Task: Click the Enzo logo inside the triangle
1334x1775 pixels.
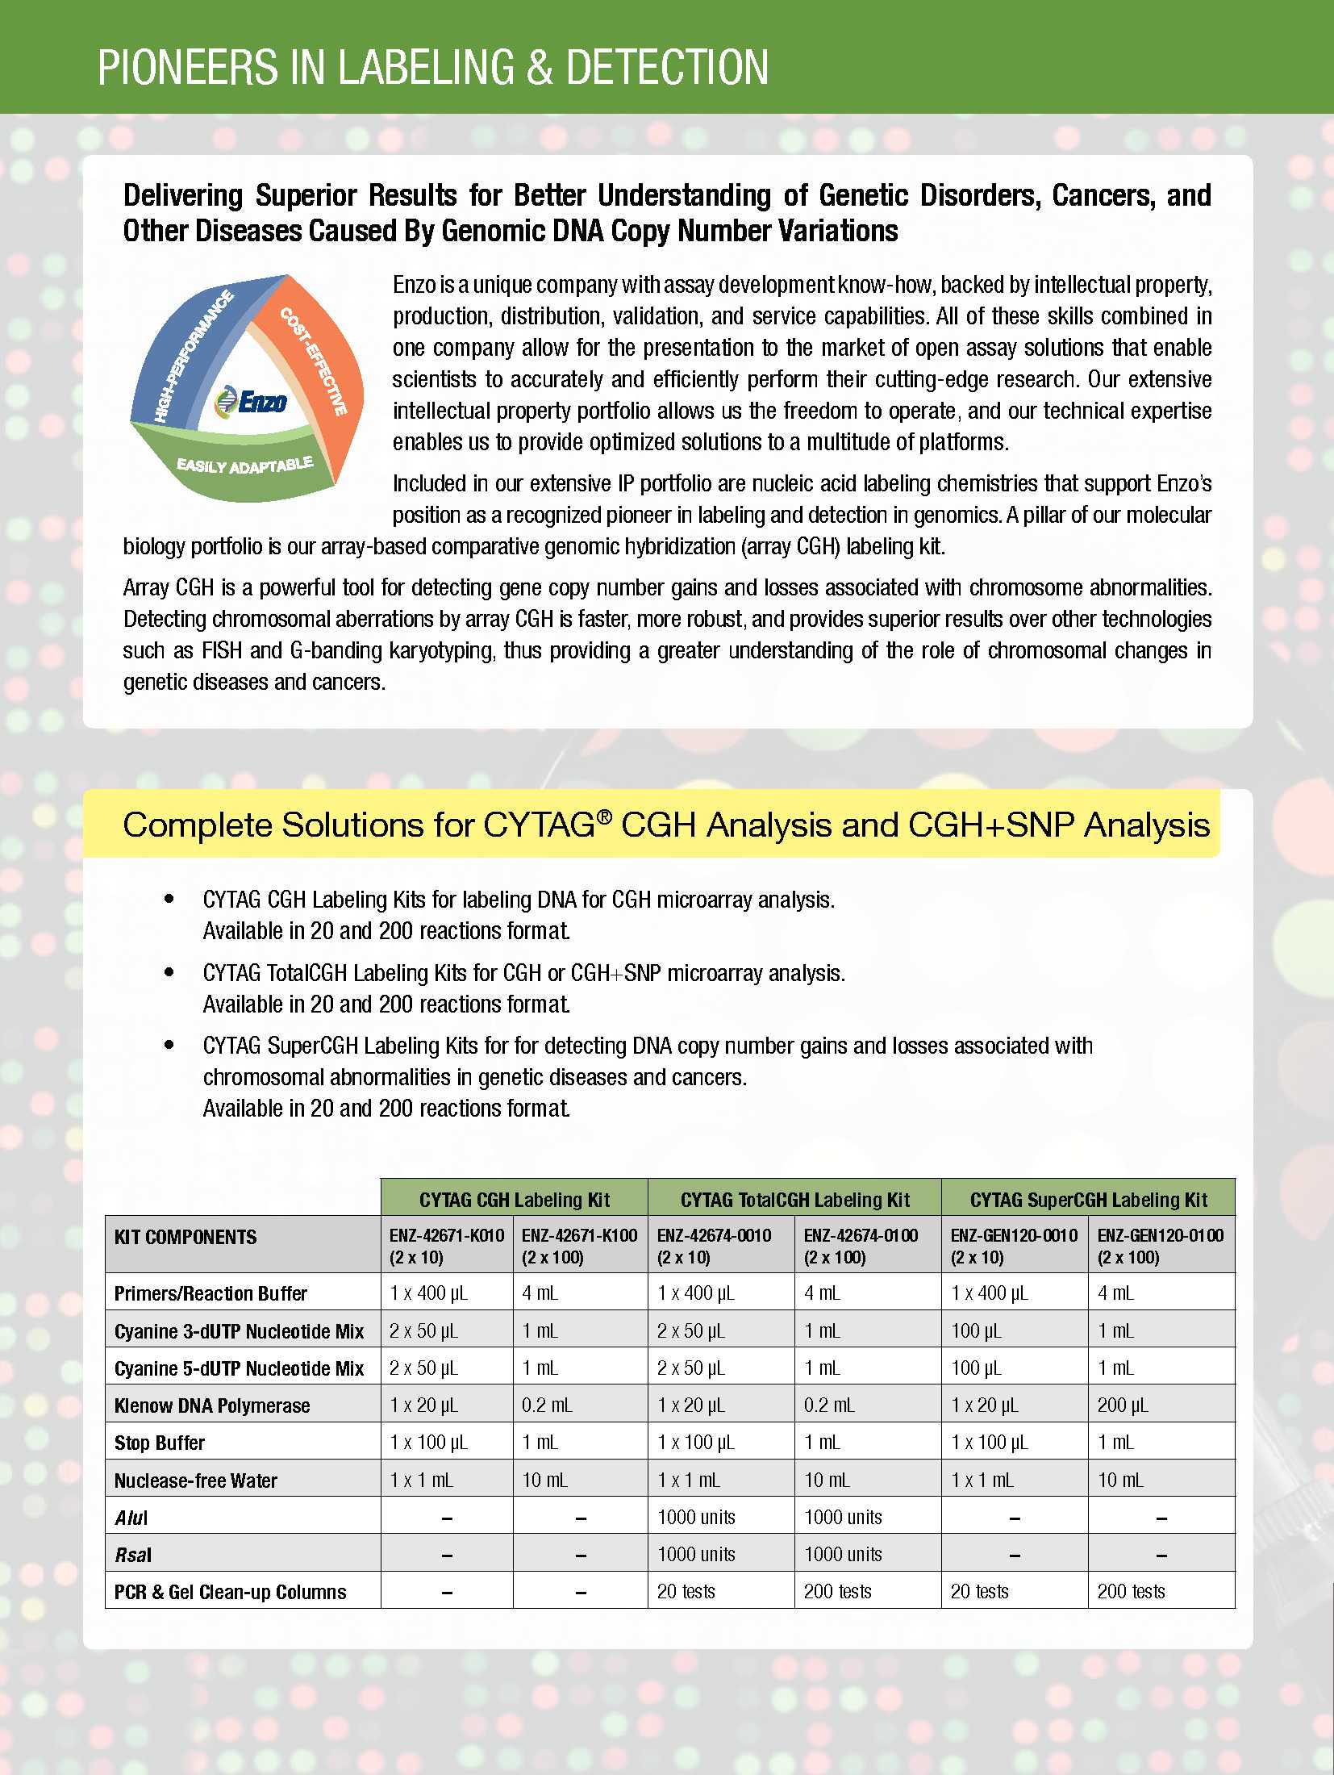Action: point(252,401)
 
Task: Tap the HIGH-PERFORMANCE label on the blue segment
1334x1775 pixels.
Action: point(193,355)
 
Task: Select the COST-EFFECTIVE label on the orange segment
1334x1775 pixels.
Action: point(314,361)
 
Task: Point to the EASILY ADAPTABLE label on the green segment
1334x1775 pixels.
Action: point(244,466)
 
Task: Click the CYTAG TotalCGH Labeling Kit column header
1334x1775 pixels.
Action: point(794,1200)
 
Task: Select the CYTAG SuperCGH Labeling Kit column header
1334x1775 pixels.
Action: point(1088,1200)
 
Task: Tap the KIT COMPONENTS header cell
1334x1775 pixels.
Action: point(186,1237)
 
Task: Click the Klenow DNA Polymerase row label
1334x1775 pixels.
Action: point(212,1405)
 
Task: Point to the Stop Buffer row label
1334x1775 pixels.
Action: point(160,1443)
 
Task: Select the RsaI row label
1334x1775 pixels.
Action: point(133,1555)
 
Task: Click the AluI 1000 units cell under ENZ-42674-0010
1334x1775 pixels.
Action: point(696,1517)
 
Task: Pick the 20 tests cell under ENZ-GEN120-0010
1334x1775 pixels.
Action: point(979,1591)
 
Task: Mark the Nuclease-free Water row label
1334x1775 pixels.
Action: point(196,1481)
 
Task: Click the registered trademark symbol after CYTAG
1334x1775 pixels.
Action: point(604,816)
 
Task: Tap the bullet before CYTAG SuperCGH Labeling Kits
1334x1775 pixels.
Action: point(169,1045)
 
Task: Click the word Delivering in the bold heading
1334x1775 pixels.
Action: point(183,195)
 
